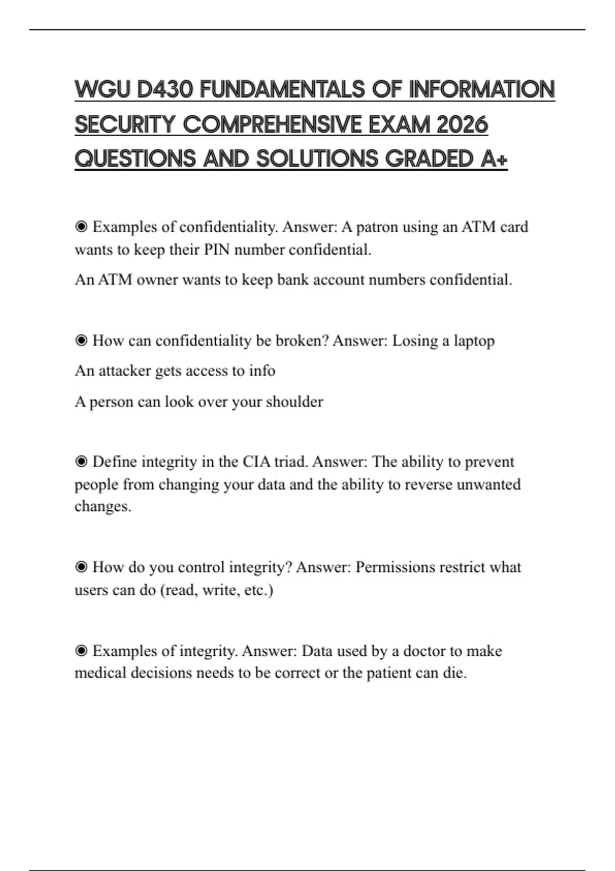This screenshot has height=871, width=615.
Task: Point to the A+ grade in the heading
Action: click(x=494, y=159)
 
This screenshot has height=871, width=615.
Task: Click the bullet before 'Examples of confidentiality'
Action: click(x=81, y=226)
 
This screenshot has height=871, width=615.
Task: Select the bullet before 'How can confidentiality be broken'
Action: click(x=81, y=341)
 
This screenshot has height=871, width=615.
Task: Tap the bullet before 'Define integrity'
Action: click(x=81, y=462)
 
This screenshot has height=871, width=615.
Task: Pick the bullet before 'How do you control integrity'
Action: click(x=81, y=567)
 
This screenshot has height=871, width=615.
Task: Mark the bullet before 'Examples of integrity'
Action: click(x=81, y=651)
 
